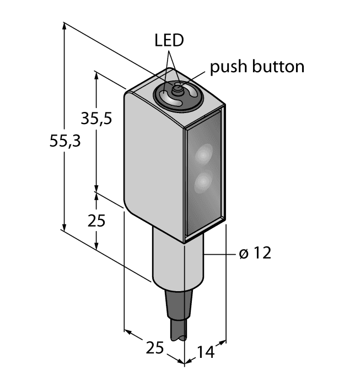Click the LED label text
(169, 41)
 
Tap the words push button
(257, 67)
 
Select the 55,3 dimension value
(65, 141)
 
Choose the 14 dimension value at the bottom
(207, 351)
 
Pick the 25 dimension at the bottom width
(155, 348)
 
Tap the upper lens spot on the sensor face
(205, 153)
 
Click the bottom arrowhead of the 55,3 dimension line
(65, 227)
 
